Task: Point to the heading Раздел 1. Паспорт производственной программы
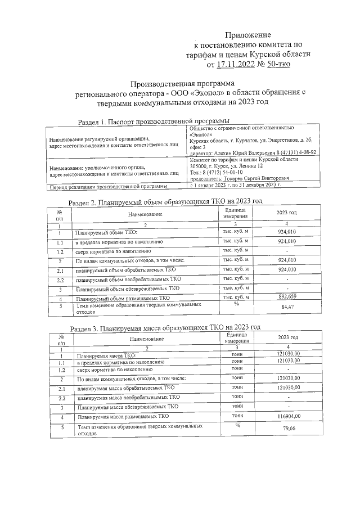tap(154, 121)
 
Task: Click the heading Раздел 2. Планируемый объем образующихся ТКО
tap(165, 201)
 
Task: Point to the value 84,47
tap(287, 307)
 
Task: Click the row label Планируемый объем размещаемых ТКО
tap(123, 298)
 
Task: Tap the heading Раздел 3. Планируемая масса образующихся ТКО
tap(165, 327)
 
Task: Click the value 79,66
tap(288, 430)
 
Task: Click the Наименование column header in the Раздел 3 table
tap(147, 339)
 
